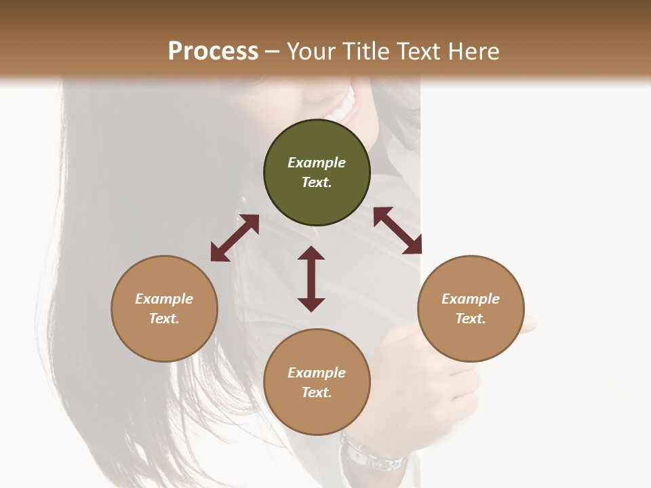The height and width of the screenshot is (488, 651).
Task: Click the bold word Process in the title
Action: pos(213,52)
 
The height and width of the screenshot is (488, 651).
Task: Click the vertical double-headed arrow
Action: pos(311,279)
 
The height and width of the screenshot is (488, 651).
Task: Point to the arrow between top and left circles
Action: pos(235,238)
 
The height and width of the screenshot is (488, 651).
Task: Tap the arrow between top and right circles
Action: pos(397,230)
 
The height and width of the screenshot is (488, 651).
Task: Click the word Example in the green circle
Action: pos(317,163)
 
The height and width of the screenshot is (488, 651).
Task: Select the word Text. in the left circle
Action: pos(164,319)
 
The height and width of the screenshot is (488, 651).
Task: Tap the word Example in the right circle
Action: pos(471,299)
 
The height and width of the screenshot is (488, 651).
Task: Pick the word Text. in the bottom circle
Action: pos(317,392)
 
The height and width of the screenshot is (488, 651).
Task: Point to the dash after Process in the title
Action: pos(272,52)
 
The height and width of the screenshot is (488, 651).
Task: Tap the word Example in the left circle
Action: pos(164,299)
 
